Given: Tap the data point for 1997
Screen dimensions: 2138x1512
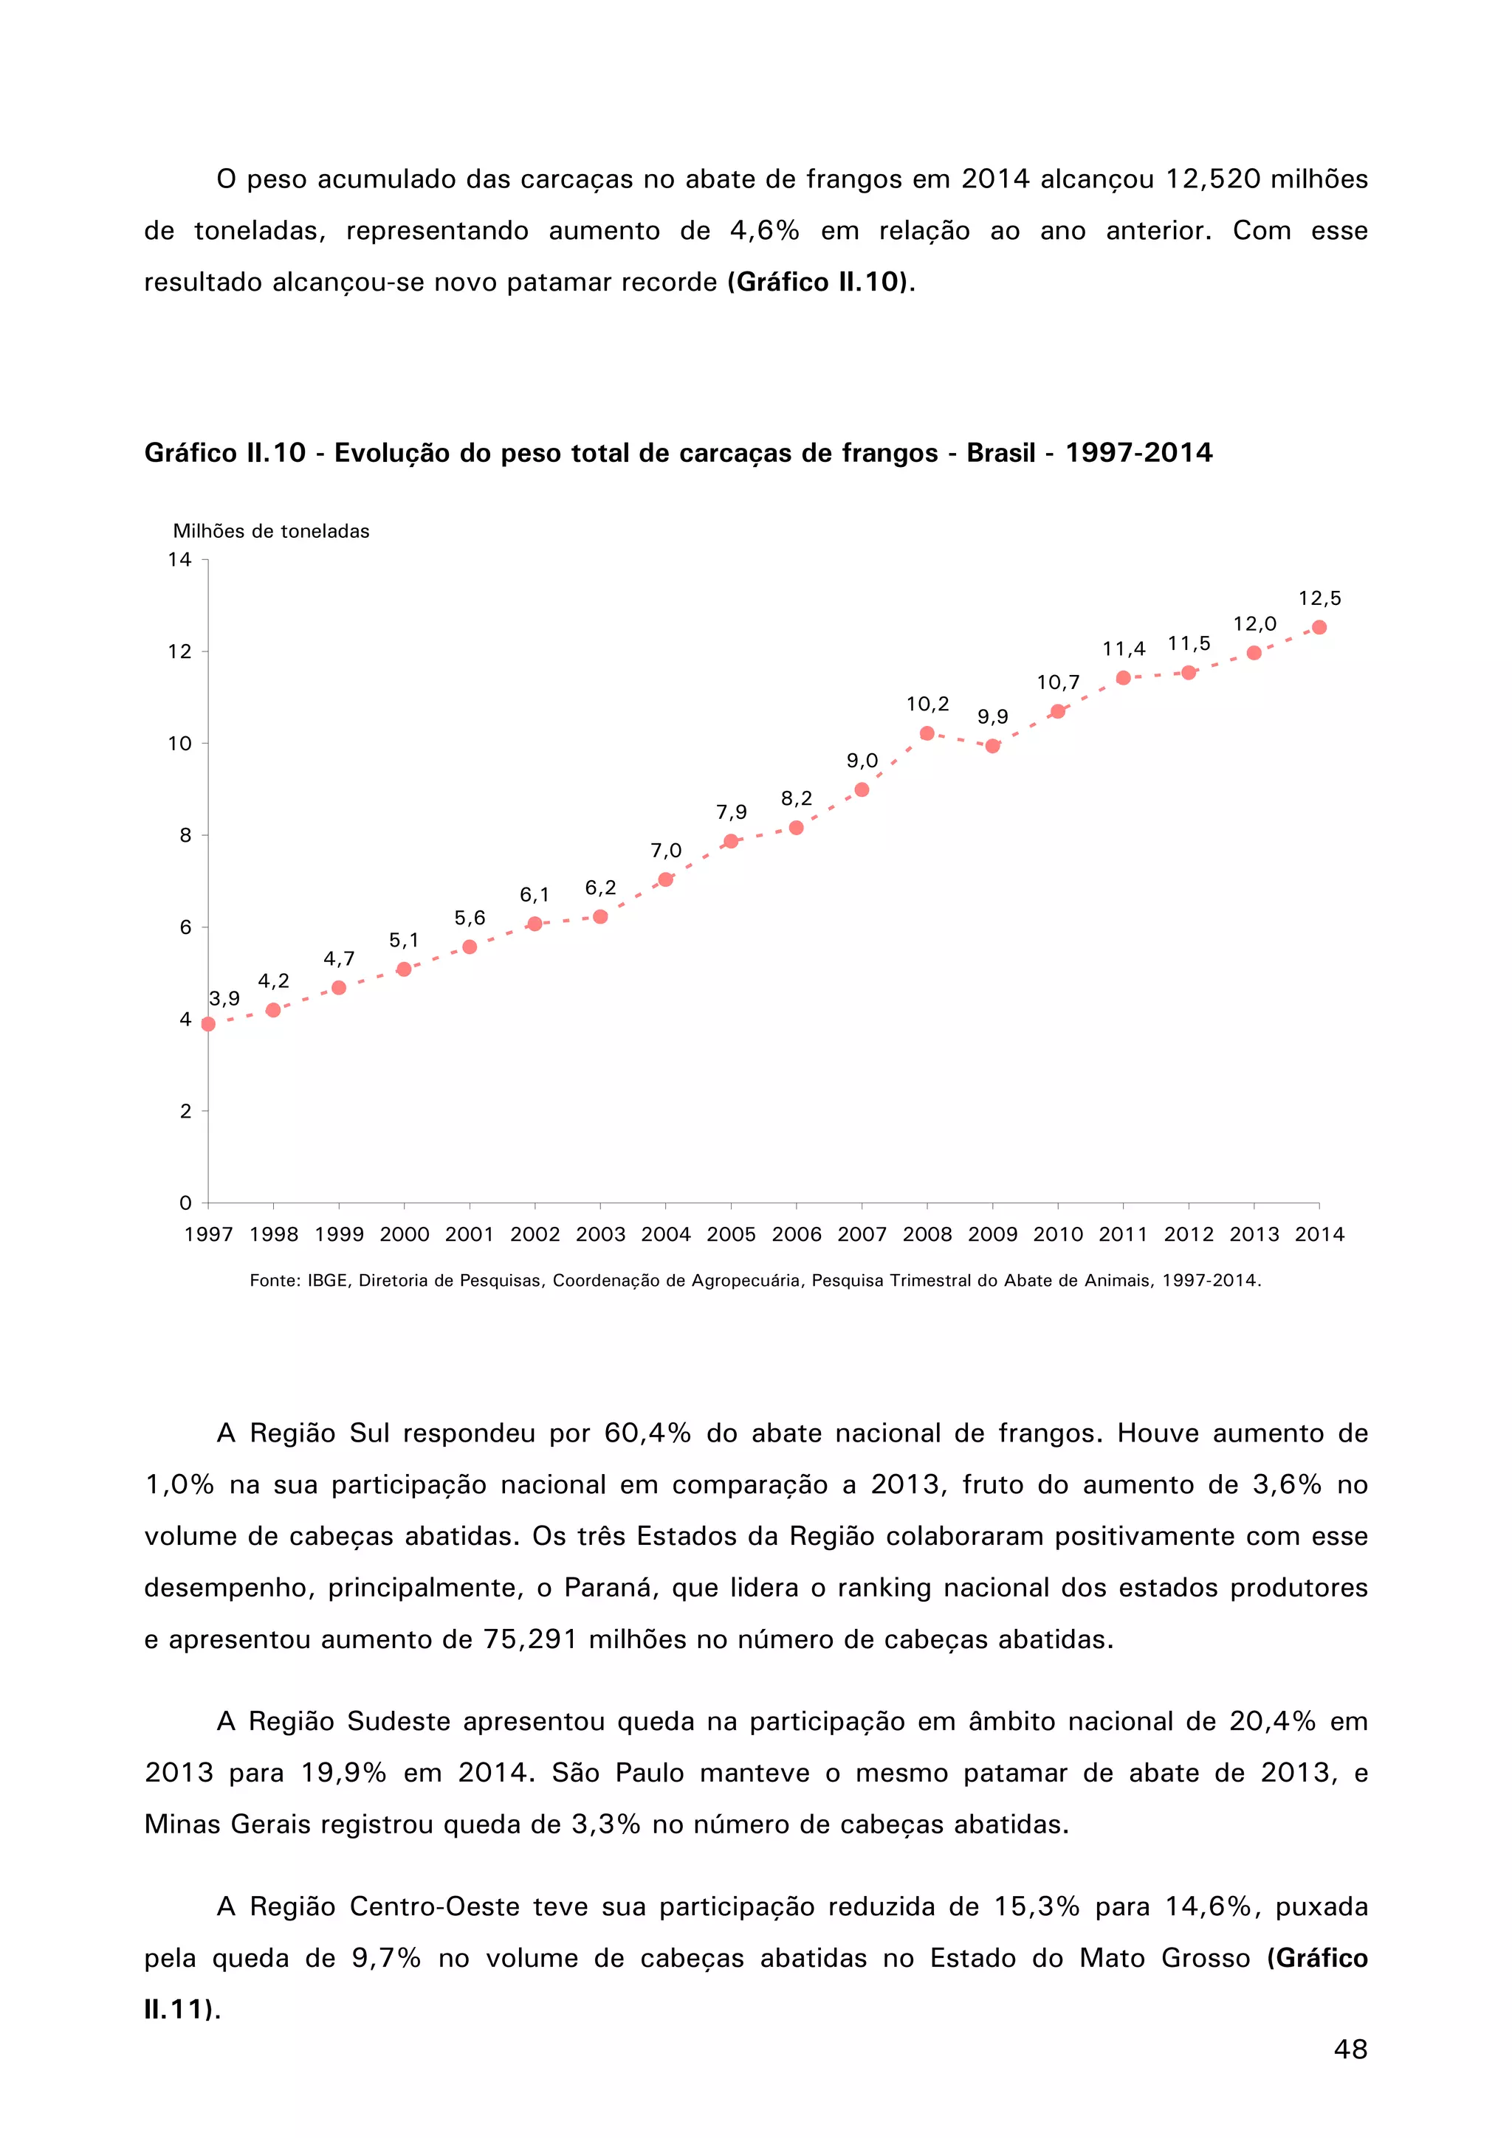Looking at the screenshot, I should coord(207,1023).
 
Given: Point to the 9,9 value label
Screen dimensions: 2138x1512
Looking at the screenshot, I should coord(992,716).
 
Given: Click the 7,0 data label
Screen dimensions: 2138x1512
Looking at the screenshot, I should coord(665,850).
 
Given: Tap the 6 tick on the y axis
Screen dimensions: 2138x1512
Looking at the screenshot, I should coord(185,927).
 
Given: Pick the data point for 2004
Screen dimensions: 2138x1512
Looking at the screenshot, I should coord(665,879).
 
